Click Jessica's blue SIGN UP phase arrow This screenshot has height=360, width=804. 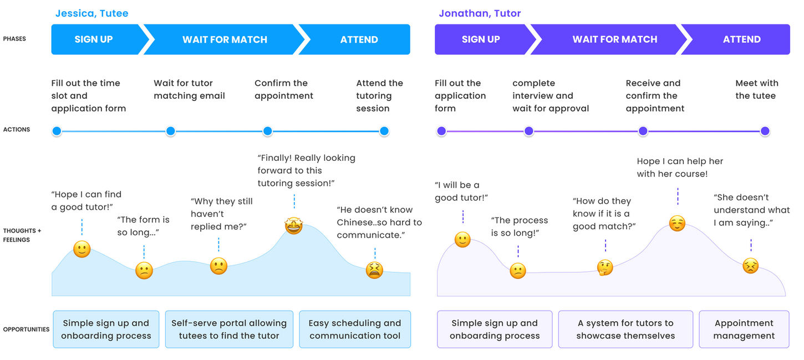pyautogui.click(x=94, y=39)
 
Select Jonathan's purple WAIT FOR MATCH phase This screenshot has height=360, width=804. pyautogui.click(x=614, y=39)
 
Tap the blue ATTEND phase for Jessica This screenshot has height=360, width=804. pyautogui.click(x=359, y=39)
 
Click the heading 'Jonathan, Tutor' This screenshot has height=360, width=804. pyautogui.click(x=480, y=13)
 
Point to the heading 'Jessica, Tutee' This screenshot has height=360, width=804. pyautogui.click(x=91, y=13)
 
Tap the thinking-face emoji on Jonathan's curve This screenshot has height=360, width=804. pyautogui.click(x=605, y=267)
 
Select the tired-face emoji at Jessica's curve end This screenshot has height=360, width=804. pyautogui.click(x=374, y=270)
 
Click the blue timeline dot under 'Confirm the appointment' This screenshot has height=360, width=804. pyautogui.click(x=267, y=131)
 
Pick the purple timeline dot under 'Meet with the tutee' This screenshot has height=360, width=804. pyautogui.click(x=765, y=131)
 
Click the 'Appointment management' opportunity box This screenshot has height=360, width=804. pyautogui.click(x=744, y=329)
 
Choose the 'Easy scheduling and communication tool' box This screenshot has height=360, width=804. pyautogui.click(x=355, y=329)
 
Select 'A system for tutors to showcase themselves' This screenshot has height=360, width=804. pyautogui.click(x=625, y=329)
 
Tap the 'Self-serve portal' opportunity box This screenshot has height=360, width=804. pyautogui.click(x=229, y=329)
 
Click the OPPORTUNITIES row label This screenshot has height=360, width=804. pyautogui.click(x=26, y=329)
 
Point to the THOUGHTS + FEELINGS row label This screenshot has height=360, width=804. pyautogui.click(x=22, y=235)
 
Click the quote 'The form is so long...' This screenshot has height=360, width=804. pyautogui.click(x=143, y=226)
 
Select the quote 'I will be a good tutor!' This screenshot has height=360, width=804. pyautogui.click(x=461, y=191)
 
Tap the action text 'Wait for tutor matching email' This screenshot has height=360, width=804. pyautogui.click(x=189, y=89)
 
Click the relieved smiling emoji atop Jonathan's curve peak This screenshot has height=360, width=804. pyautogui.click(x=677, y=224)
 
